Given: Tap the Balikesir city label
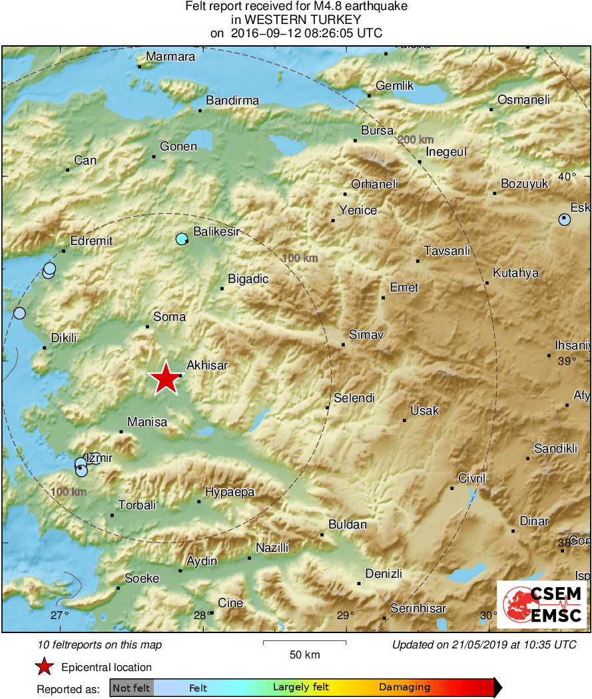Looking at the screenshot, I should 216,232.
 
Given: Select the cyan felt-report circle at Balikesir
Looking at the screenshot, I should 182,239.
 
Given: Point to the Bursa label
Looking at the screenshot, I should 377,131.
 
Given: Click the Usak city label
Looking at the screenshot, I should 425,411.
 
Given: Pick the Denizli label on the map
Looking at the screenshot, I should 384,574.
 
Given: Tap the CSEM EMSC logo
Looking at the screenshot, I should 543,604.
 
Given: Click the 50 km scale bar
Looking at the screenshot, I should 305,642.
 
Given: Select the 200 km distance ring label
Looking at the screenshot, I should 416,140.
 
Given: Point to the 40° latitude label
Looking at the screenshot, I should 567,176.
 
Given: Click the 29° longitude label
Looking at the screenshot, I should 345,615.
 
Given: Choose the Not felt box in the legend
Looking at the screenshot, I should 131,688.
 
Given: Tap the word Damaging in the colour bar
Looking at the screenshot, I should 405,688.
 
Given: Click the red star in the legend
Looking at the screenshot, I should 44,667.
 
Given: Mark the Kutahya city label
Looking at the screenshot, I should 516,273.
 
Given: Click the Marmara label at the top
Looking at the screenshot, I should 170,57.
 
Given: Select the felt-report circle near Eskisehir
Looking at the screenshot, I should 565,219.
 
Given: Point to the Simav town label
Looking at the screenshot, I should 367,335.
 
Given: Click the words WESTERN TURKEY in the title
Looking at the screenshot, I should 297,20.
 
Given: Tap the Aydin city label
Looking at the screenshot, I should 202,561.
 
